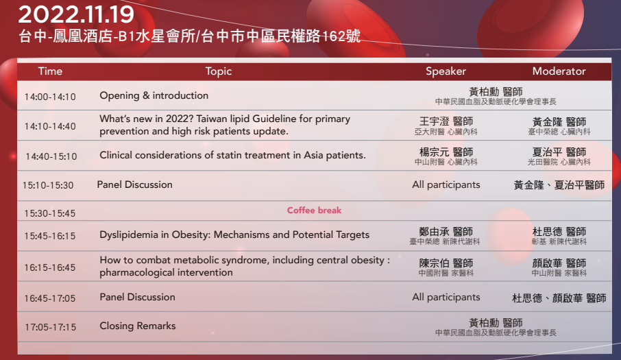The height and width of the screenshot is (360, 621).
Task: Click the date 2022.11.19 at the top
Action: [x=76, y=14]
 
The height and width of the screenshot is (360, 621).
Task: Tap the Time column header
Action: [x=50, y=71]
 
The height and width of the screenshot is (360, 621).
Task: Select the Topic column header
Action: [x=218, y=71]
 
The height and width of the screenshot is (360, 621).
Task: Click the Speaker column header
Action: [x=446, y=71]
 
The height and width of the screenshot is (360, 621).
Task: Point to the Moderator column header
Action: [x=559, y=71]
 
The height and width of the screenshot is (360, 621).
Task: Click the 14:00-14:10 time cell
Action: [x=50, y=97]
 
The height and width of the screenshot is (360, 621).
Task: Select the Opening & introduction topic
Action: [x=154, y=95]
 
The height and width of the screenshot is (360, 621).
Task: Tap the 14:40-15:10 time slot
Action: [x=51, y=156]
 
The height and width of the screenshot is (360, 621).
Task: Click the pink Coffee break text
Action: [x=314, y=211]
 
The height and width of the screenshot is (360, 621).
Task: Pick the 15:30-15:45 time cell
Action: [x=49, y=213]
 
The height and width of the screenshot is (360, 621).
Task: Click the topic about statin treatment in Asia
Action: [x=232, y=155]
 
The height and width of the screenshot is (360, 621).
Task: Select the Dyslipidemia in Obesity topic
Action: [x=234, y=235]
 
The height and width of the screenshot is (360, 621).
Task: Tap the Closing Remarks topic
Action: [x=137, y=326]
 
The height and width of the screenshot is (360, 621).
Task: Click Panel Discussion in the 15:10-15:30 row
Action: [x=134, y=184]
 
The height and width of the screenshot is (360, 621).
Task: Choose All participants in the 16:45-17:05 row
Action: [x=446, y=298]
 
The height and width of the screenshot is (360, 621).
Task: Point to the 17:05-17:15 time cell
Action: [x=50, y=328]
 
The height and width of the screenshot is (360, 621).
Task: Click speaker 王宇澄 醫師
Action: [x=446, y=121]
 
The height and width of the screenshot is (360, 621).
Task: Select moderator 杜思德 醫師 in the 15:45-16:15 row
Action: [x=559, y=232]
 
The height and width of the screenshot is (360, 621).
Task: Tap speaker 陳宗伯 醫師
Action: [x=446, y=263]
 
